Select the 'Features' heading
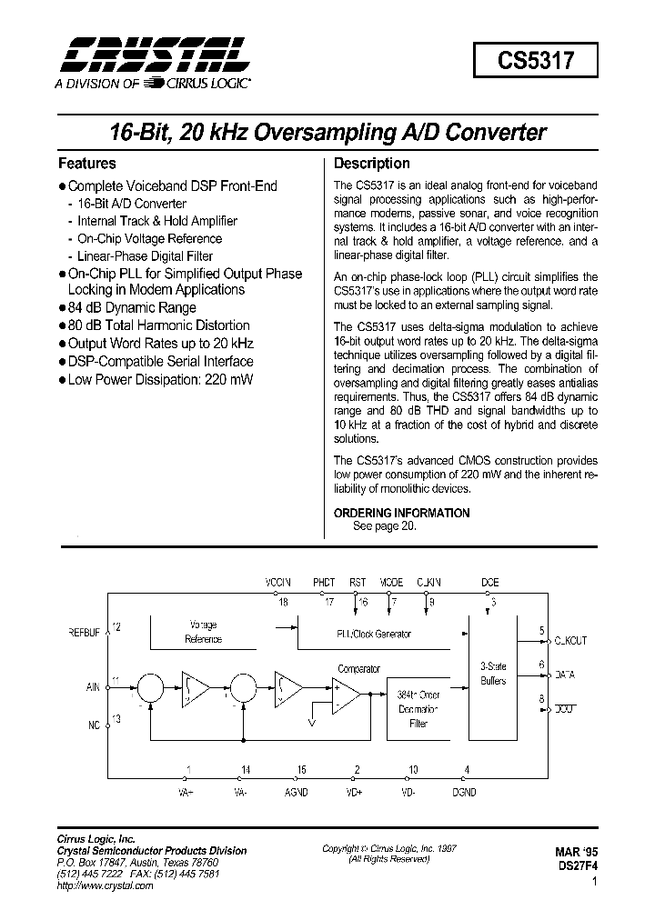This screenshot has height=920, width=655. coord(87,164)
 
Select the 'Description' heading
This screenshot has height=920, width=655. coord(372,164)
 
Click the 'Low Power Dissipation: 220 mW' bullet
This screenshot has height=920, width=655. coord(154,379)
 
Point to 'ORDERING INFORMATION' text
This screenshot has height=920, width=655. coord(401,513)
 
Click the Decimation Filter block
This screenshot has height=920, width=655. coord(418,708)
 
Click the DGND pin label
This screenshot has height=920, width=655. coord(467,791)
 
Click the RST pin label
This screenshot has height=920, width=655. coord(358,582)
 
